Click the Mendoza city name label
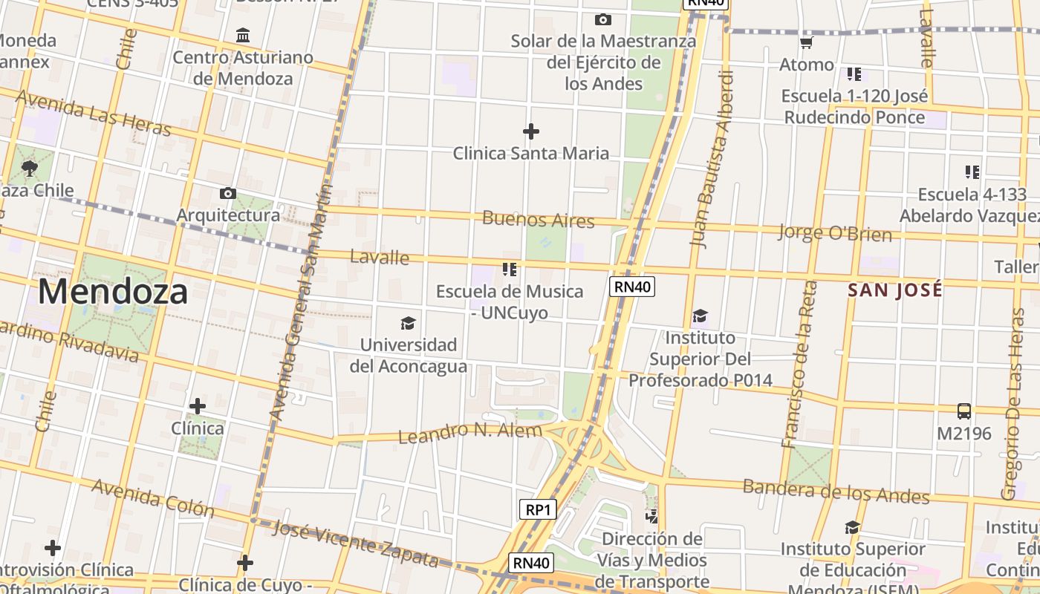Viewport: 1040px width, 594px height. (113, 292)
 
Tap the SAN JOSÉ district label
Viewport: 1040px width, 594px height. (895, 290)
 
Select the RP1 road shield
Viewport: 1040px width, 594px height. (537, 509)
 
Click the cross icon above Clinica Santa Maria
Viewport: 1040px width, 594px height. (530, 132)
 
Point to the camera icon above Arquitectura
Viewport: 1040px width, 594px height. (228, 194)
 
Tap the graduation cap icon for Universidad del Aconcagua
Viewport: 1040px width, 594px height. (408, 323)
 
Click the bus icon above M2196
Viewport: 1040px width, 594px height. (964, 411)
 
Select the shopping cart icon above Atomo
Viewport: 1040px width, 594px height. (807, 43)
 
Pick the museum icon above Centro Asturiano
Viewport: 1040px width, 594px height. (243, 35)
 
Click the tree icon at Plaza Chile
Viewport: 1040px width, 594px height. (30, 168)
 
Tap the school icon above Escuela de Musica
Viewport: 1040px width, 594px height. (510, 269)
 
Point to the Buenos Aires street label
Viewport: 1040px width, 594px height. (539, 220)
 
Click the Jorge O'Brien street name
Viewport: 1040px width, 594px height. (834, 232)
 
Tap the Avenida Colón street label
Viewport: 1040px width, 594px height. (153, 498)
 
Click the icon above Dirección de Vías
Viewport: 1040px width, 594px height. (651, 515)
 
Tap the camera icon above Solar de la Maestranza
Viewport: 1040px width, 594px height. (603, 19)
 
